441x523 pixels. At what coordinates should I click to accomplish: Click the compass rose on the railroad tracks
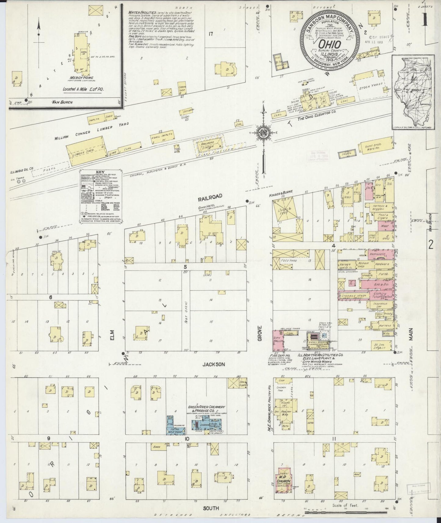click(x=263, y=133)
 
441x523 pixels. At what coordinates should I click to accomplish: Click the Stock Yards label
click(x=369, y=87)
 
